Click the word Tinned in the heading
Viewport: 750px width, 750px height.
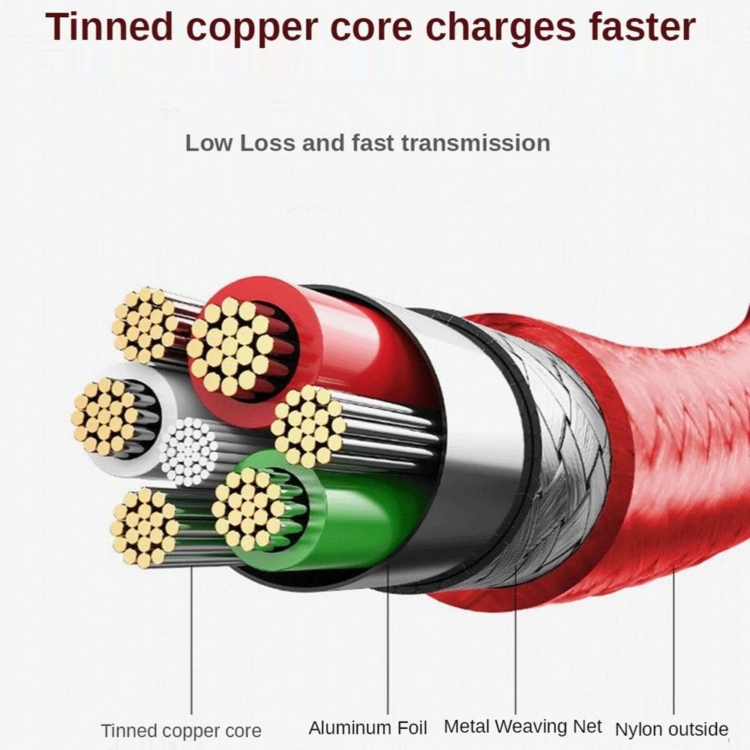pyautogui.click(x=112, y=27)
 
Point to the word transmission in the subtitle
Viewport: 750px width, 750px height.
pyautogui.click(x=475, y=143)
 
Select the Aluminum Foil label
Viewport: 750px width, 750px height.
pyautogui.click(x=367, y=727)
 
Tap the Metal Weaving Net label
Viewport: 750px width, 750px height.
pyautogui.click(x=523, y=726)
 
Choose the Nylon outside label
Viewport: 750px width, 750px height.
pyautogui.click(x=671, y=729)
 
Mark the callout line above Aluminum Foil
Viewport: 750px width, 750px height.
pyautogui.click(x=388, y=645)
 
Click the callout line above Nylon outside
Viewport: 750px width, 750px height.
pyautogui.click(x=673, y=645)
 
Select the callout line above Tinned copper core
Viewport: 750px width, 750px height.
pyautogui.click(x=191, y=645)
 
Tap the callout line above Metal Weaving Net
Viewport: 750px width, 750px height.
pyautogui.click(x=516, y=645)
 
